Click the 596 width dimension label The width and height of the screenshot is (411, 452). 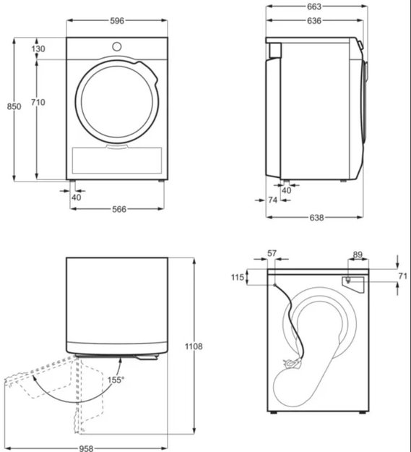coord(117,21)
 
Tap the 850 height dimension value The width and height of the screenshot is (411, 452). coord(14,106)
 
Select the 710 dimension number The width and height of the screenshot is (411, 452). coord(38,103)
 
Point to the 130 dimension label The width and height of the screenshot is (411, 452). coord(38,48)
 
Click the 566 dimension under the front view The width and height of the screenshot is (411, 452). coord(119,209)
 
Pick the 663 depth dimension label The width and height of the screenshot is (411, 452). coord(314,7)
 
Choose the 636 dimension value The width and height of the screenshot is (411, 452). coord(314,21)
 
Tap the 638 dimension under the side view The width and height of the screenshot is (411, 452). coord(316,218)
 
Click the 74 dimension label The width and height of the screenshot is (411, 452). coord(272,200)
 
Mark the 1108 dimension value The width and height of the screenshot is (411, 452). coord(194,346)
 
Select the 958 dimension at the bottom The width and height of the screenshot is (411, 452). coord(86,448)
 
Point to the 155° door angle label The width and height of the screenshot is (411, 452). coord(116,380)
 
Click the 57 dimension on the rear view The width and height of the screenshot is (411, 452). coord(272,253)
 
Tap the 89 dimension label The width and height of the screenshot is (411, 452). coord(358,255)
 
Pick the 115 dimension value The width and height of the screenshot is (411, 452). coord(238,277)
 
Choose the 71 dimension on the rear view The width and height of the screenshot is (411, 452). coord(403,276)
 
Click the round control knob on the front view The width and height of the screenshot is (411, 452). coord(117,46)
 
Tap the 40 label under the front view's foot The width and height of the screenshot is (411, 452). coord(77,197)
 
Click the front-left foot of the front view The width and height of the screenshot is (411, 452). coord(72,182)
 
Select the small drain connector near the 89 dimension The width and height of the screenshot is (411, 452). coord(348,280)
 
